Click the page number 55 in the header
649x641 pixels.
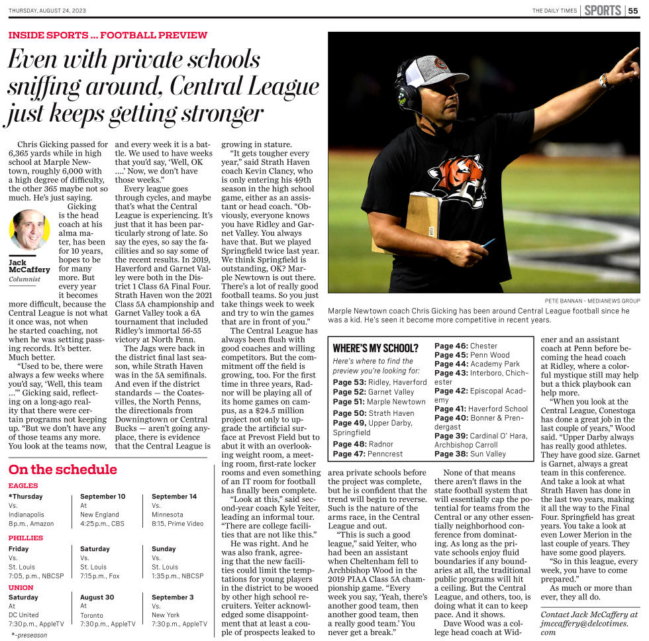pyautogui.click(x=633, y=10)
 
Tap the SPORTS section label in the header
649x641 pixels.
pyautogui.click(x=602, y=10)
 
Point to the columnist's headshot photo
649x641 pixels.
pyautogui.click(x=30, y=229)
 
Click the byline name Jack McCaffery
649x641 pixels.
pyautogui.click(x=28, y=266)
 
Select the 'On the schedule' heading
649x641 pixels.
pyautogui.click(x=63, y=469)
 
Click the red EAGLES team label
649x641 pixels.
pyautogui.click(x=23, y=486)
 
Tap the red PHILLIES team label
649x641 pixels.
pyautogui.click(x=26, y=538)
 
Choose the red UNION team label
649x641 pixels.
pyautogui.click(x=21, y=587)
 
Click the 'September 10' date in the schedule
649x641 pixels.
pyautogui.click(x=103, y=496)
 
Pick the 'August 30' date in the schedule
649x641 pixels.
pyautogui.click(x=97, y=597)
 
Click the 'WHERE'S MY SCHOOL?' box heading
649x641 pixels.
pyautogui.click(x=375, y=348)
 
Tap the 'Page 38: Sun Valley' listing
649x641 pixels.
pyautogui.click(x=470, y=454)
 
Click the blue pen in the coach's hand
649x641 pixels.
pyautogui.click(x=489, y=243)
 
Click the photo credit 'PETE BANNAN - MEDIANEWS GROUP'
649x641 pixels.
pyautogui.click(x=592, y=300)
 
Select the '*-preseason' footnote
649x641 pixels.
pyautogui.click(x=30, y=634)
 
